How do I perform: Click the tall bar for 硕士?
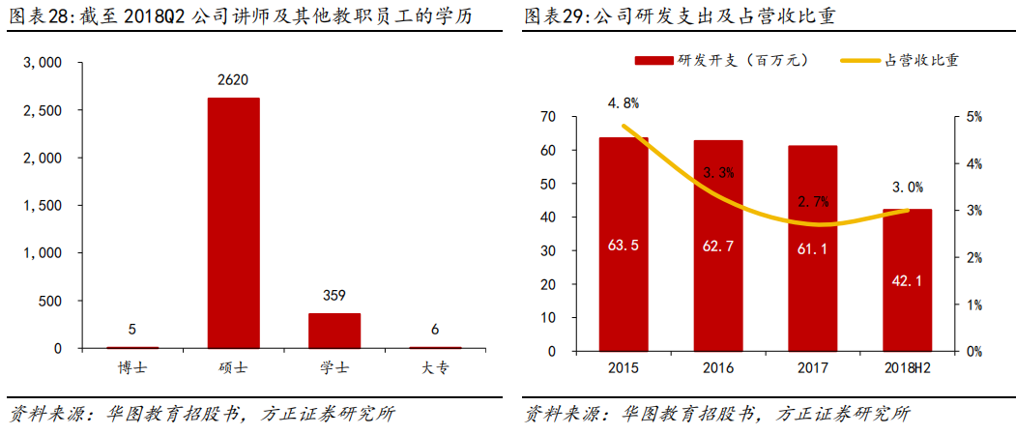point(233,222)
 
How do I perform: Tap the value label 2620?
point(233,83)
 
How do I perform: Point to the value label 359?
point(334,296)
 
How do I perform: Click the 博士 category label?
point(132,368)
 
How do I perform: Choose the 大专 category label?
point(435,368)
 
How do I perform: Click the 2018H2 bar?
point(908,280)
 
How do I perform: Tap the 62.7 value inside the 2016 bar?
point(718,246)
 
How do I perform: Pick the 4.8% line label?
point(624,102)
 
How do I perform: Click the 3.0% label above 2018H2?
point(908,188)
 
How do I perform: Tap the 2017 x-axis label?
point(813,368)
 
